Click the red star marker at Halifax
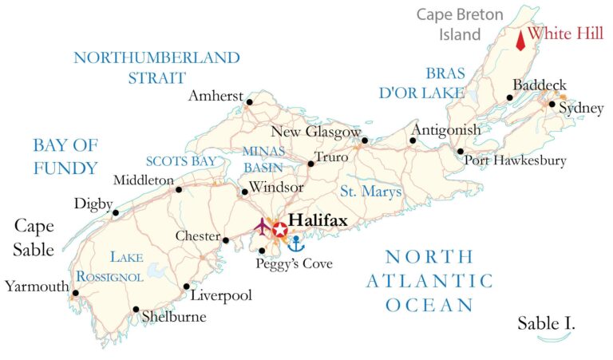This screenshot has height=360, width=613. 280,230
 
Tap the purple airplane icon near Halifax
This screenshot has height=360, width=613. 262,227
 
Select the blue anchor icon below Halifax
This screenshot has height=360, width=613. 295,243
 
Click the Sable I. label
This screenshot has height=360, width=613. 546,323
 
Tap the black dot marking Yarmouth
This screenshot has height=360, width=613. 75,293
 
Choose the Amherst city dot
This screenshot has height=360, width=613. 249,102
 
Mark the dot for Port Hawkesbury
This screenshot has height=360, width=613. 461,151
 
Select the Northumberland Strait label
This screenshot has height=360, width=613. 156,67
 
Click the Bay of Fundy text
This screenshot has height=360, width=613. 65,156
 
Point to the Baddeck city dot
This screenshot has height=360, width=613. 509,98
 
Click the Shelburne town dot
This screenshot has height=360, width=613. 136,310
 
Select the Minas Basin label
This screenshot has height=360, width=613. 263,157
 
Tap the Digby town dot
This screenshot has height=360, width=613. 116,213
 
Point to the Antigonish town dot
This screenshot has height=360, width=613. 413,141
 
